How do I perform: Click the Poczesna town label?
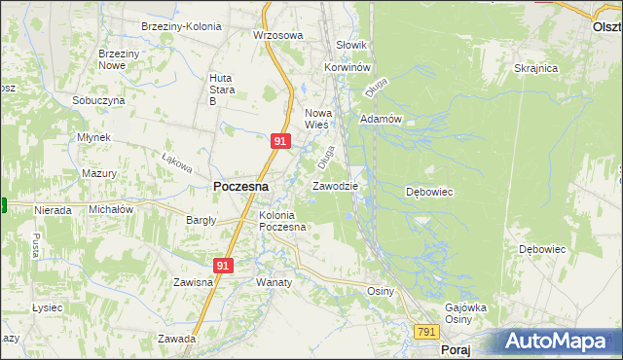tap(240, 186)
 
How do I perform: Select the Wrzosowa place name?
tap(278, 35)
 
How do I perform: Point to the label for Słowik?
tap(350, 45)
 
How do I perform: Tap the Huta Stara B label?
tap(226, 90)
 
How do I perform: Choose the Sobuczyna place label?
tap(98, 100)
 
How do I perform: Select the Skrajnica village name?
tap(535, 68)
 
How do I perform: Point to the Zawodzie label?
tap(335, 185)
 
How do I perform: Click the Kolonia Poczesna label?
tap(282, 221)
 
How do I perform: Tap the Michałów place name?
tap(110, 209)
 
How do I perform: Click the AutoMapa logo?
tap(562, 342)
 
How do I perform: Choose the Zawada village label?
tap(178, 340)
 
